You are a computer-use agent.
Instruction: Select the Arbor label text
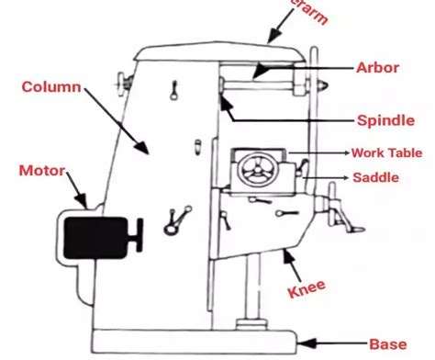tap(376, 68)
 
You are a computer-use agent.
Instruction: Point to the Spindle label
tap(380, 120)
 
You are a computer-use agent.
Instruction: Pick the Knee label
tap(308, 291)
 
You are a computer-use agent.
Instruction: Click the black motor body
tap(95, 234)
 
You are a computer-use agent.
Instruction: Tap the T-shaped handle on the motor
tap(139, 233)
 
